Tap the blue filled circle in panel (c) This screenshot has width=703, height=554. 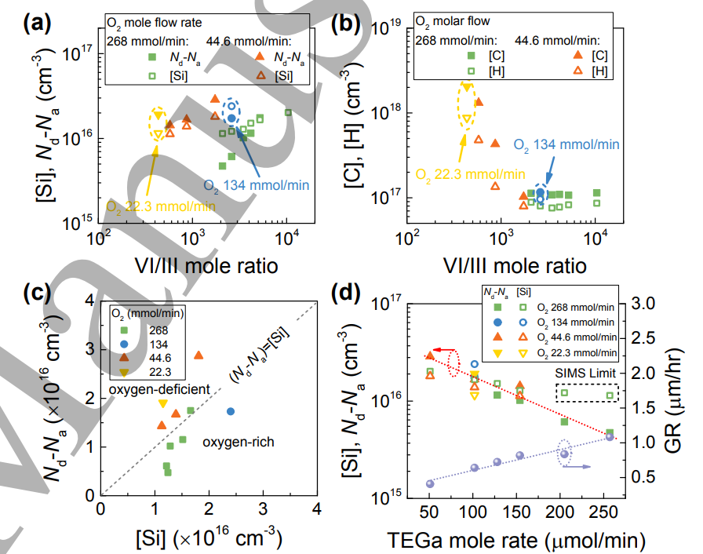pyautogui.click(x=231, y=411)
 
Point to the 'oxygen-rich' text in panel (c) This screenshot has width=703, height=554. pyautogui.click(x=238, y=443)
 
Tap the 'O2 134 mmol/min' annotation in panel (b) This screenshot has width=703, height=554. pyautogui.click(x=566, y=144)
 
